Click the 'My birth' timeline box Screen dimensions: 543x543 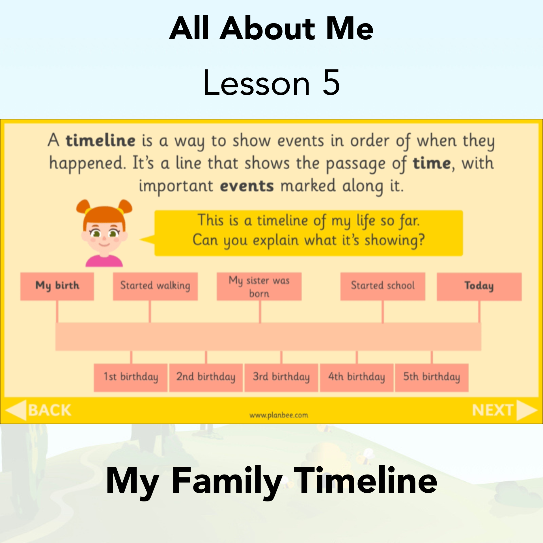[x=57, y=286]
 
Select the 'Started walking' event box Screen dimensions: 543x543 [x=155, y=286]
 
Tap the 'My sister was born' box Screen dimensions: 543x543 [x=259, y=286]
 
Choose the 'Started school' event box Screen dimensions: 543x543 [x=383, y=286]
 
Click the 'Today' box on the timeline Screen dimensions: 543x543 [x=479, y=286]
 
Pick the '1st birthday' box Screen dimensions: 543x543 [x=131, y=378]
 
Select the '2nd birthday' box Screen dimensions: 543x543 [x=206, y=378]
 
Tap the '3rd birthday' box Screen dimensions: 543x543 [x=281, y=378]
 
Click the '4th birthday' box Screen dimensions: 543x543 [x=357, y=378]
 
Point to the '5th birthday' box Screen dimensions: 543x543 [x=432, y=378]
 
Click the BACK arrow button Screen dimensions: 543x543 [x=38, y=410]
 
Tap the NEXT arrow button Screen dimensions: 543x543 [x=505, y=410]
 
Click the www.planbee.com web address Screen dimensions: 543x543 [x=279, y=415]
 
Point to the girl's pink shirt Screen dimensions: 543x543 [x=104, y=261]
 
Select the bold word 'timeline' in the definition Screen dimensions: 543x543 [x=101, y=141]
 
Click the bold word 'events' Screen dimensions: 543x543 [x=247, y=186]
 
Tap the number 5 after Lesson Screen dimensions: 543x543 [x=331, y=83]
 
